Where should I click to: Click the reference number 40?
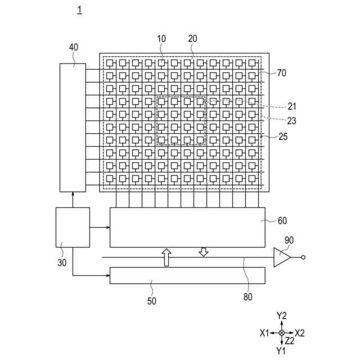(74, 47)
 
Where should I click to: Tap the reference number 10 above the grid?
(161, 39)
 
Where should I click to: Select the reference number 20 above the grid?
(192, 39)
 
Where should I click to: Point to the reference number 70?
(282, 73)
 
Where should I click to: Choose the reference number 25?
(283, 136)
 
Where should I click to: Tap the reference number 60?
(282, 220)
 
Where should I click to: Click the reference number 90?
(289, 240)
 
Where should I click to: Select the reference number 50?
(152, 301)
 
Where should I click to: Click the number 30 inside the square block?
(62, 262)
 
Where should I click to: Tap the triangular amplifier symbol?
(281, 258)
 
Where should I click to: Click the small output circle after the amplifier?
(304, 258)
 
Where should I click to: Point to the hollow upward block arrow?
(166, 257)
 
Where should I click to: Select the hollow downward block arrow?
(204, 251)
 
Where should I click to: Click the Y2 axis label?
(282, 316)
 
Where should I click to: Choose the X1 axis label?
(264, 333)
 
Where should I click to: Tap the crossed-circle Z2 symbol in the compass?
(282, 333)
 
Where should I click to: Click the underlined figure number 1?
(79, 10)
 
